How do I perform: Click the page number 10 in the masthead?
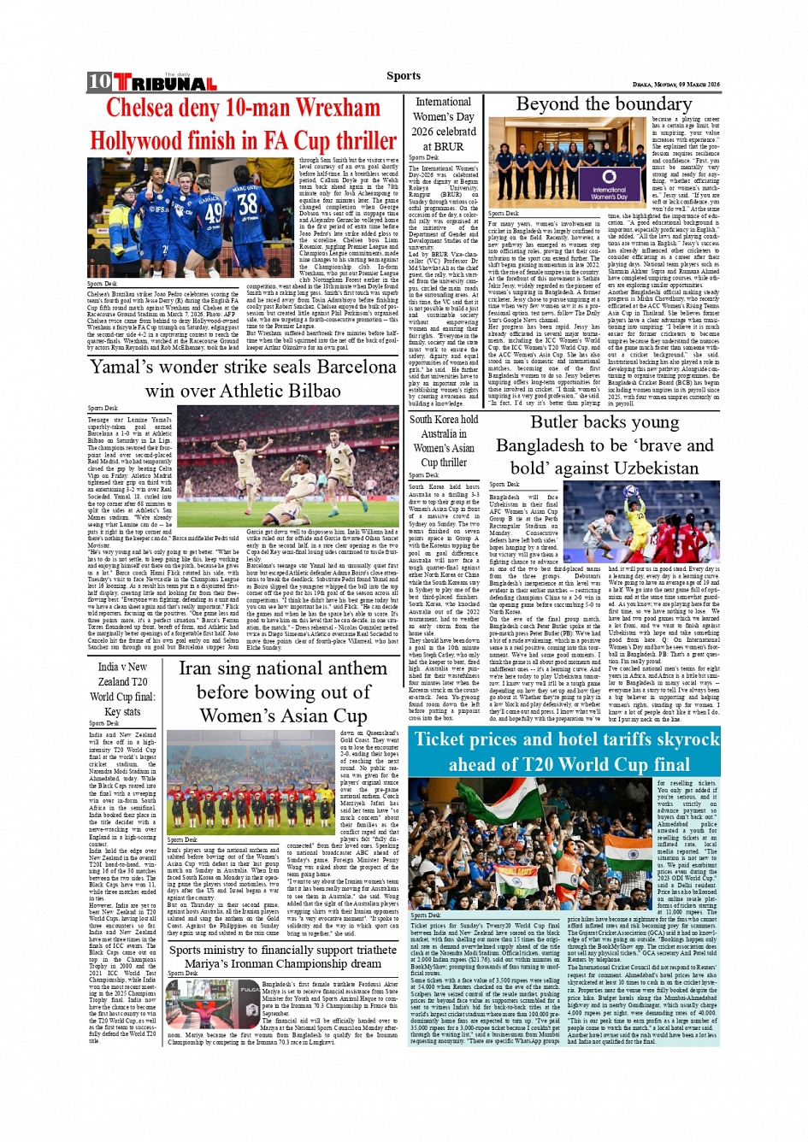click(99, 82)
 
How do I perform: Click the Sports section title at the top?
click(404, 76)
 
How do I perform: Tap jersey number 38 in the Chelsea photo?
click(248, 203)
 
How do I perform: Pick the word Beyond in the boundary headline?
click(547, 104)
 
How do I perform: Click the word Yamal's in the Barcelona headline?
click(127, 367)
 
